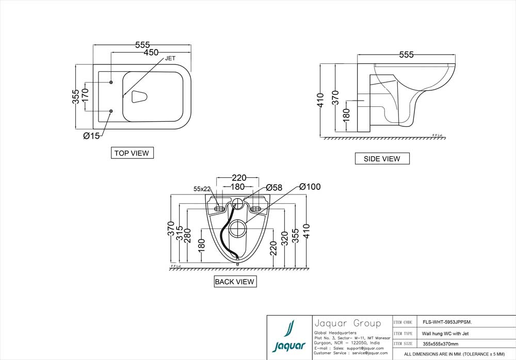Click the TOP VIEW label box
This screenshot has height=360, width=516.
[x=132, y=153]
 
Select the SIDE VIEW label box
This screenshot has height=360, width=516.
[x=382, y=159]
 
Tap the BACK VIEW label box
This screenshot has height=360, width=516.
[x=235, y=282]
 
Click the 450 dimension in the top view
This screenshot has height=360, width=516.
[x=151, y=53]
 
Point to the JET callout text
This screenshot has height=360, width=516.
[x=170, y=59]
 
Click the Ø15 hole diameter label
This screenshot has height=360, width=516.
[x=91, y=136]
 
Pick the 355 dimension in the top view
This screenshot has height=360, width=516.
[x=76, y=96]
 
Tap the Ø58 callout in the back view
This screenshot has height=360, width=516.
[x=274, y=188]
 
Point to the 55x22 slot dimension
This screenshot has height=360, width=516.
[x=202, y=189]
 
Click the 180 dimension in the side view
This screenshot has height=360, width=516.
[x=346, y=114]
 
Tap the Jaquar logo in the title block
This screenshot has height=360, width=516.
[x=289, y=337]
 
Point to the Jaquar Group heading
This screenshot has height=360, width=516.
[x=347, y=323]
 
